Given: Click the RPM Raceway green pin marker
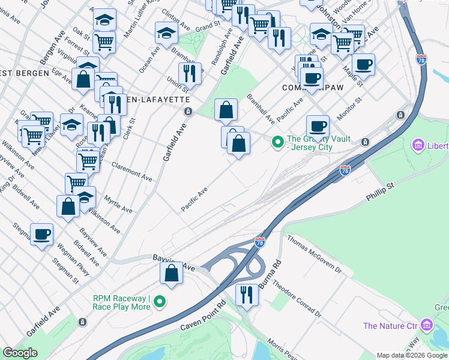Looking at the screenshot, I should click(x=159, y=301).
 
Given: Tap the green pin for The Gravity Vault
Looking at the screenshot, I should click(x=277, y=142).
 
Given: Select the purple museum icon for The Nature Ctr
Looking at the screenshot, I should click(x=427, y=326).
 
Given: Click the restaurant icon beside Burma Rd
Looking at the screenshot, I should click(x=247, y=294).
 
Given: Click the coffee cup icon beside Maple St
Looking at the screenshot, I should click(x=363, y=63).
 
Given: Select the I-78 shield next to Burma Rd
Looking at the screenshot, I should click(x=259, y=242).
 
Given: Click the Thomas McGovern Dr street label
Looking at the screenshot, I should click(x=313, y=254).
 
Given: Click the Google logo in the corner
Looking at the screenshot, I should click(x=20, y=353).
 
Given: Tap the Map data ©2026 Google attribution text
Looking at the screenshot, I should click(x=412, y=355).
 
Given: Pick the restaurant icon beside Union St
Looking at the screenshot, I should click(x=190, y=73).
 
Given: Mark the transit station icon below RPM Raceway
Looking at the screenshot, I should click(x=82, y=322).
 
